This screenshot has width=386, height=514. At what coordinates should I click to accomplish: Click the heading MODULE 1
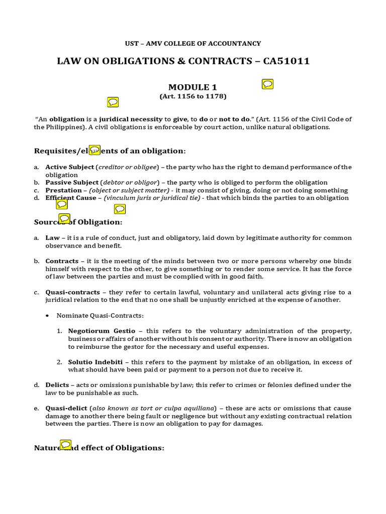coord(193,87)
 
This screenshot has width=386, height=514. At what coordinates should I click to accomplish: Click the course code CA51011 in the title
coord(285,61)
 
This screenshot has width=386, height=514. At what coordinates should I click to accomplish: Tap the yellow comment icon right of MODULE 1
coord(268,84)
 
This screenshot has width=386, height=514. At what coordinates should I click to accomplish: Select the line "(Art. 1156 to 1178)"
coord(193,96)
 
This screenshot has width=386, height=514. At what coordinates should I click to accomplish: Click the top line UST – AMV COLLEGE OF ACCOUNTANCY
coord(193,44)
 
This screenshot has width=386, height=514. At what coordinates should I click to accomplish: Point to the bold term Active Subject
coord(69,167)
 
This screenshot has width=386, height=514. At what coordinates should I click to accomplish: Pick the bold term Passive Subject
coord(71,182)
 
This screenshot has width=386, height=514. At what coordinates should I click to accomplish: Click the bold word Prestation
coord(63,190)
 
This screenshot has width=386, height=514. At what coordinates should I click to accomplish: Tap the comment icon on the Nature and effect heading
coord(65,445)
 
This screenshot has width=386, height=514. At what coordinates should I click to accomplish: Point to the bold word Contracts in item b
coord(62,261)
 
